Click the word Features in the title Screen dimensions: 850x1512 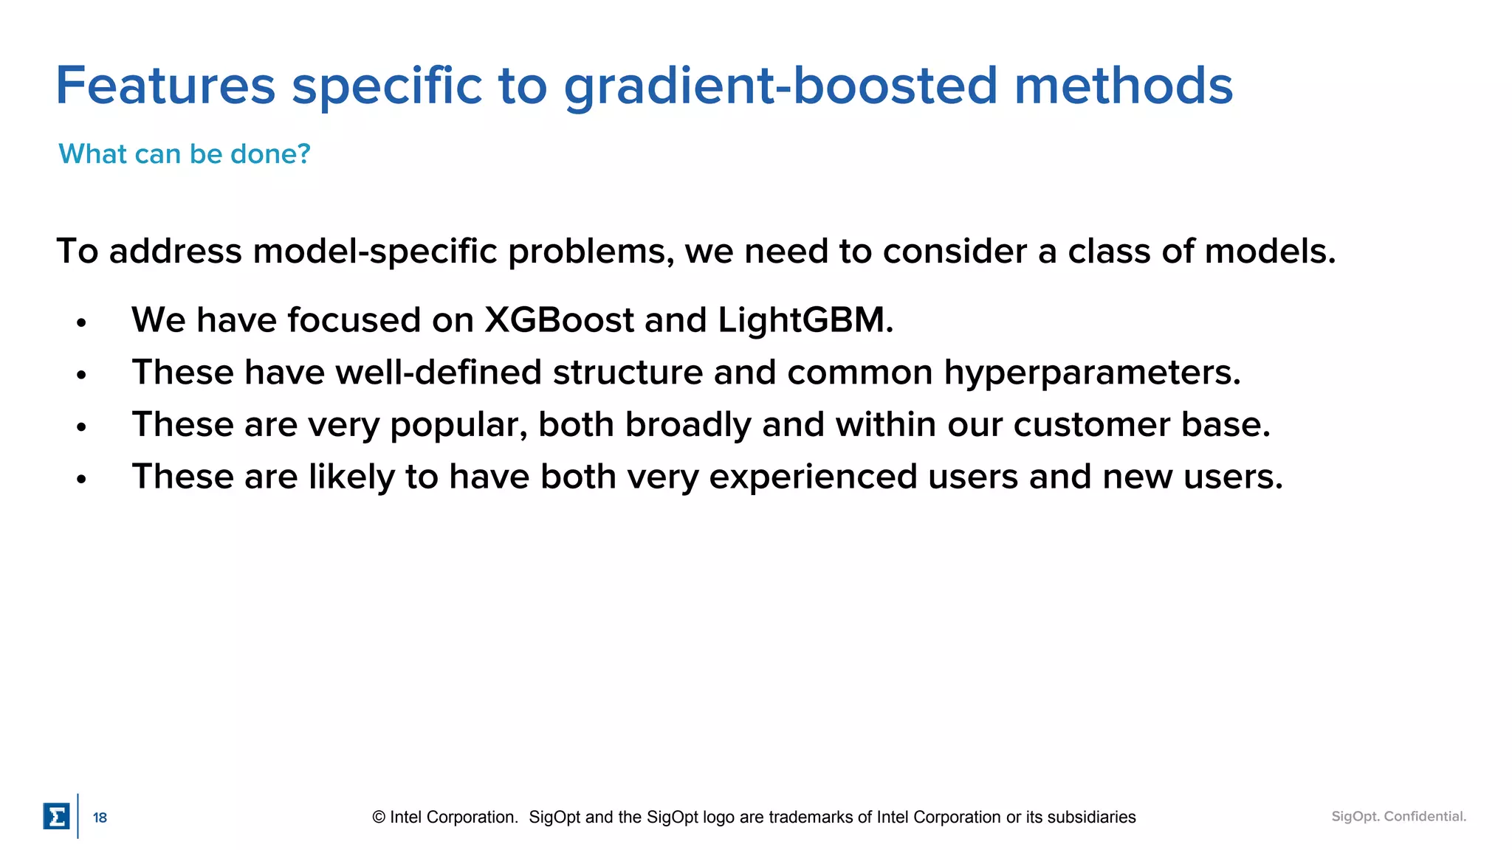click(x=165, y=86)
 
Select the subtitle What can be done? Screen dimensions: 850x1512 click(x=185, y=153)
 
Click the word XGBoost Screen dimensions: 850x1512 click(x=559, y=320)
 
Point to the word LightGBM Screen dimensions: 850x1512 click(x=805, y=321)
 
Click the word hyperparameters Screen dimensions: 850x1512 click(x=1092, y=373)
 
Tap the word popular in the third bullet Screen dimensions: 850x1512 click(x=458, y=426)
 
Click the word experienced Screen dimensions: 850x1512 click(x=813, y=477)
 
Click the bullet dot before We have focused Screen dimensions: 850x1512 click(x=81, y=322)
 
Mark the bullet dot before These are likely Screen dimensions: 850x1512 click(x=81, y=479)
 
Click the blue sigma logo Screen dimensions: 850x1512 click(x=56, y=816)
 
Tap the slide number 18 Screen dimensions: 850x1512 click(x=100, y=818)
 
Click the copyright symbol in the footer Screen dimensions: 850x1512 click(x=379, y=817)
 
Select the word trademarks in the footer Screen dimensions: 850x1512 click(x=811, y=817)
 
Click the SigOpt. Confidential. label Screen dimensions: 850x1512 click(x=1398, y=816)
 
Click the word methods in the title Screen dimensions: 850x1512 click(x=1123, y=86)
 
